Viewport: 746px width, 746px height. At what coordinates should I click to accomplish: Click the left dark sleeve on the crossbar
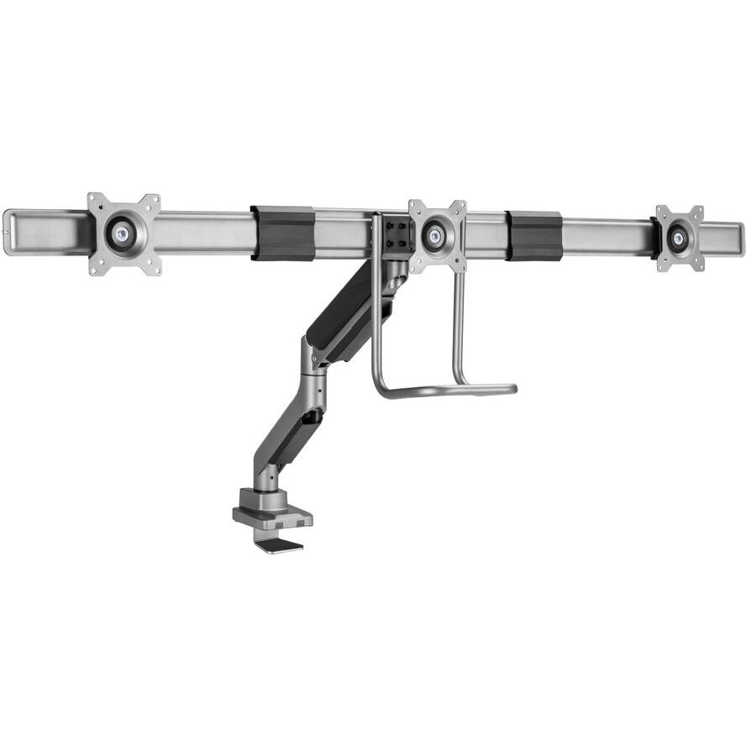[282, 233]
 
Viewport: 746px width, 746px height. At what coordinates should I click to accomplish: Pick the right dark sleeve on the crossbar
[533, 236]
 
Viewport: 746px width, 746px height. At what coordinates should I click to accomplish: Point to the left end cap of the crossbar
[8, 232]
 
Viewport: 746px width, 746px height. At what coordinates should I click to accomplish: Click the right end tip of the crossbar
[740, 239]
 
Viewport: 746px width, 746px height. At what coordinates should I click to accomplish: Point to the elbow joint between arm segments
[309, 357]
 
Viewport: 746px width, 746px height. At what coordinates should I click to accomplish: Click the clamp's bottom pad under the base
[279, 546]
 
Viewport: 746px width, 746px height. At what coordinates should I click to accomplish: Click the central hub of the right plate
[679, 239]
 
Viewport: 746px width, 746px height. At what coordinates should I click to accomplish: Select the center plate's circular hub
[436, 236]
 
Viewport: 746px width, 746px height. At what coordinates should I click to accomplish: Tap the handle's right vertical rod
[459, 328]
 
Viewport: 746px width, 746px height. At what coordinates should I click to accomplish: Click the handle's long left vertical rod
[375, 319]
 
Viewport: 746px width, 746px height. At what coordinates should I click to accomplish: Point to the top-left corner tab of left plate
[94, 200]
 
